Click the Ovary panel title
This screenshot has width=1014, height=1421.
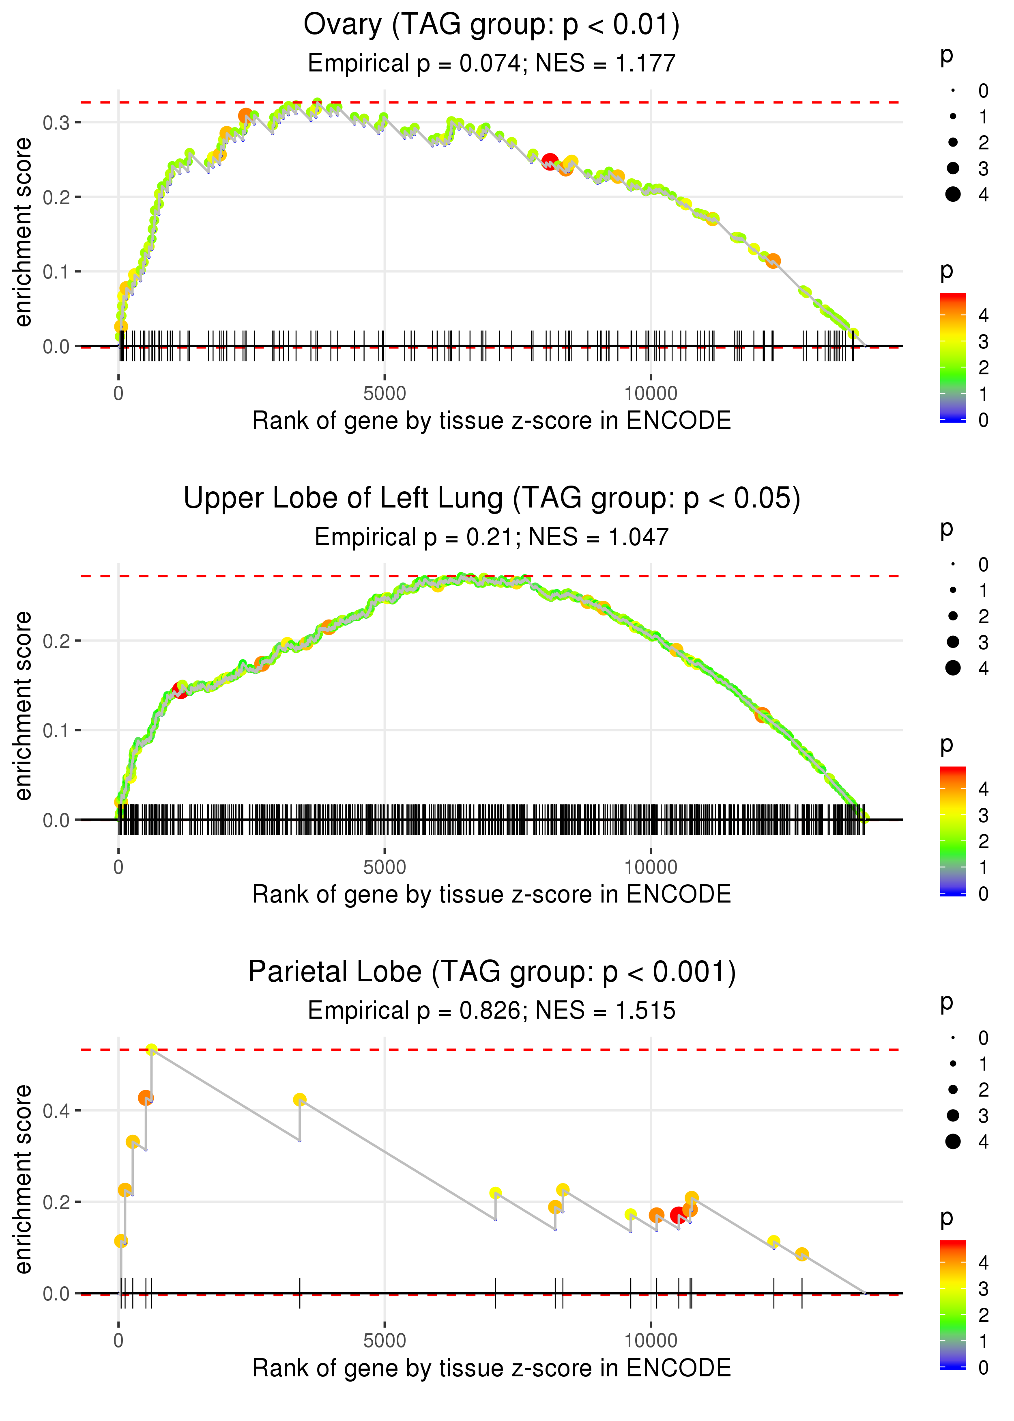[492, 25]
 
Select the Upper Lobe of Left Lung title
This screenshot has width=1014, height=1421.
[492, 499]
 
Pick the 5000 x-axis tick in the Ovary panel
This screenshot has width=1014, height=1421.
[384, 394]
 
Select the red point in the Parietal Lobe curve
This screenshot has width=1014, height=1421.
[678, 1216]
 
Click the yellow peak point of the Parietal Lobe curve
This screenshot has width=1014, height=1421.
[151, 1050]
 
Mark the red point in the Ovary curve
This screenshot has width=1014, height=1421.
[550, 162]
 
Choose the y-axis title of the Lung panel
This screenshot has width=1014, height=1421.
[24, 706]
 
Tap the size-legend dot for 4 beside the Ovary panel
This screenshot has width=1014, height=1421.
[953, 194]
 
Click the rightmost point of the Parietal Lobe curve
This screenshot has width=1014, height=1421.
[802, 1254]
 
